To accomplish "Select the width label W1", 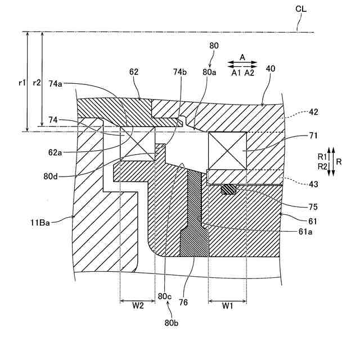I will (x=227, y=307).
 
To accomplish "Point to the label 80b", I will (x=172, y=323).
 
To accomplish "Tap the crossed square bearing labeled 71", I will (x=227, y=150).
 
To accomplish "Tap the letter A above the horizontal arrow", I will (x=242, y=57).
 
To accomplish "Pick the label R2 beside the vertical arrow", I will (x=322, y=166).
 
